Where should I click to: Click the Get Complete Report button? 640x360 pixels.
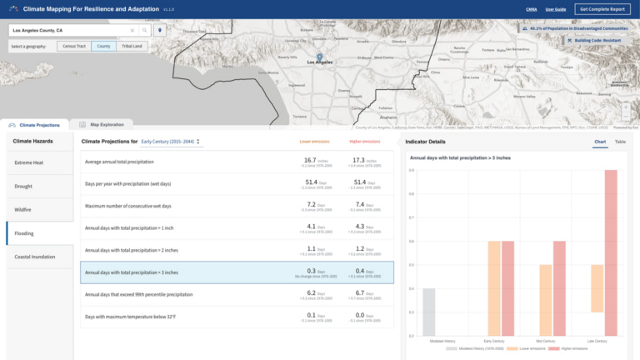point(602,8)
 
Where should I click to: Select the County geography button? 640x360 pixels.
point(103,46)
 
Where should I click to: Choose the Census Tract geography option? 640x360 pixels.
point(74,46)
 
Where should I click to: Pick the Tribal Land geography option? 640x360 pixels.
point(132,46)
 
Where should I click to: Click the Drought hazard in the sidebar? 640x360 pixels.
point(24,186)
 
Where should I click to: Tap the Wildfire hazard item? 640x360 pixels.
point(24,209)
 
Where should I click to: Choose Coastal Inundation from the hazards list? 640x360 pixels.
point(36,256)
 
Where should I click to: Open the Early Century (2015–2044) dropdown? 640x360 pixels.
point(172,142)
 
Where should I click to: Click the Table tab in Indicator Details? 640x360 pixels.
point(620,142)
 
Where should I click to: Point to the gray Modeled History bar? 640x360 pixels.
point(428,312)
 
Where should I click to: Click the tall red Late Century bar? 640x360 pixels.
point(611,252)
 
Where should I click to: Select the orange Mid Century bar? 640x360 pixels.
point(546,300)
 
